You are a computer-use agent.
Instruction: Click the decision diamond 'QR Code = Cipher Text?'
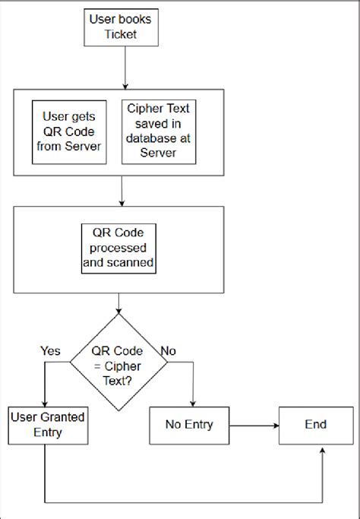(119, 362)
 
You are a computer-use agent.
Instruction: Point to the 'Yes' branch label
(49, 350)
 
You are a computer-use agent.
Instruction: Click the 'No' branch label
(169, 350)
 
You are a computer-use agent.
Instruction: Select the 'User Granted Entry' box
(46, 426)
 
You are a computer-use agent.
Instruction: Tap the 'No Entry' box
(188, 425)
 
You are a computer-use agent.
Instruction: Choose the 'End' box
(316, 425)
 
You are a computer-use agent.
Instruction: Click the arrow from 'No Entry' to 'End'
(254, 426)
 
